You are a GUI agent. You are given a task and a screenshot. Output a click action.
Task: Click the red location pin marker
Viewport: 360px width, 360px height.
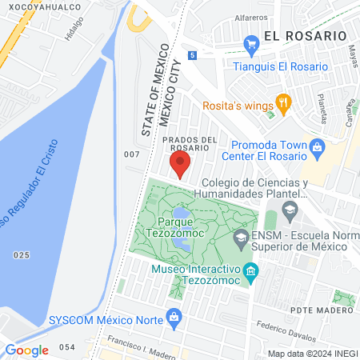(180, 164)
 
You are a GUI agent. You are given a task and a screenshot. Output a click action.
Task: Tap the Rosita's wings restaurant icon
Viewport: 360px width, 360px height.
(282, 102)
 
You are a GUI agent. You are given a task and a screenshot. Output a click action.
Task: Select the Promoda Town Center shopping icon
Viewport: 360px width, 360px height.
(318, 146)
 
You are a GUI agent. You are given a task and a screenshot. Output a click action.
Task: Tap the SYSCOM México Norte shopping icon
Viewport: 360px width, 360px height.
(174, 319)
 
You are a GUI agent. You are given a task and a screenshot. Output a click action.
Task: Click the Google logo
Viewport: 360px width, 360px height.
(26, 350)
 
